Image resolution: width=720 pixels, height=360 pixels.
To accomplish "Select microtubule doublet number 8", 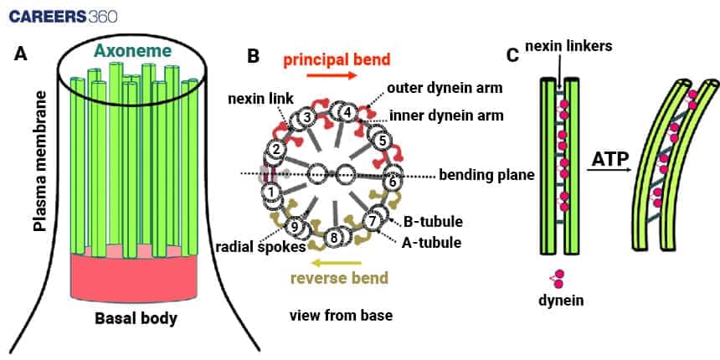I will [335, 238].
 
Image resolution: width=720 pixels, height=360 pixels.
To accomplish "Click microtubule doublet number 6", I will [390, 177].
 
